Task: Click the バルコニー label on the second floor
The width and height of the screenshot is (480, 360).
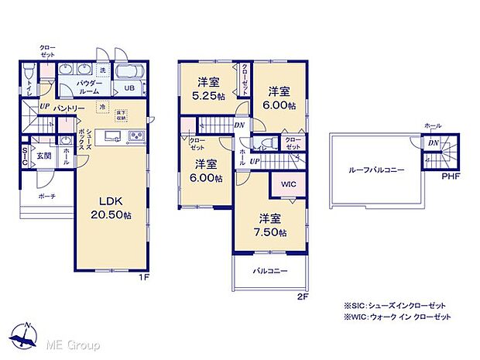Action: (x=269, y=272)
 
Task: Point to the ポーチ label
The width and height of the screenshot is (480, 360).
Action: (x=47, y=197)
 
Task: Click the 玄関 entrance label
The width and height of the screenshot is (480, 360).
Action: (x=44, y=156)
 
